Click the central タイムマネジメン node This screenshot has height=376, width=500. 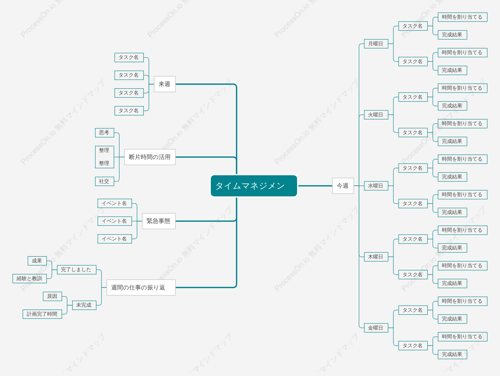tap(254, 186)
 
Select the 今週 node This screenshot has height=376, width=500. tap(343, 186)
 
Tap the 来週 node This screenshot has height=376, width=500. tap(165, 84)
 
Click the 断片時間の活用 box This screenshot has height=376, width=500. tap(150, 157)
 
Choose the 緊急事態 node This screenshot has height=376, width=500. tap(159, 221)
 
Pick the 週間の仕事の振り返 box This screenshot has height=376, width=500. tap(141, 287)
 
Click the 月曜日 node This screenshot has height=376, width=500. tap(376, 44)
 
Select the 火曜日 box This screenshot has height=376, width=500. tap(376, 115)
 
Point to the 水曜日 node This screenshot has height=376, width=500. tap(376, 186)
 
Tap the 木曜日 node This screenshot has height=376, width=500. tap(376, 257)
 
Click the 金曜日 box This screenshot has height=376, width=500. tap(376, 328)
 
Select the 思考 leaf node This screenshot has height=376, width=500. tap(105, 132)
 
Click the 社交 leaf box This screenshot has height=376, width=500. tap(105, 181)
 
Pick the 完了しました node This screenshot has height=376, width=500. tap(77, 269)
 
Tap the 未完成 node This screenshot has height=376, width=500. tap(84, 305)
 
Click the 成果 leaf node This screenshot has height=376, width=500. tap(37, 261)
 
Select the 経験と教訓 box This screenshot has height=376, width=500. tap(30, 278)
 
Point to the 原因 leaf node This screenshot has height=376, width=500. tap(52, 296)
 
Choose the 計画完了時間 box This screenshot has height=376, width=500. tap(42, 314)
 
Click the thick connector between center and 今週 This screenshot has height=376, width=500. tap(315, 186)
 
